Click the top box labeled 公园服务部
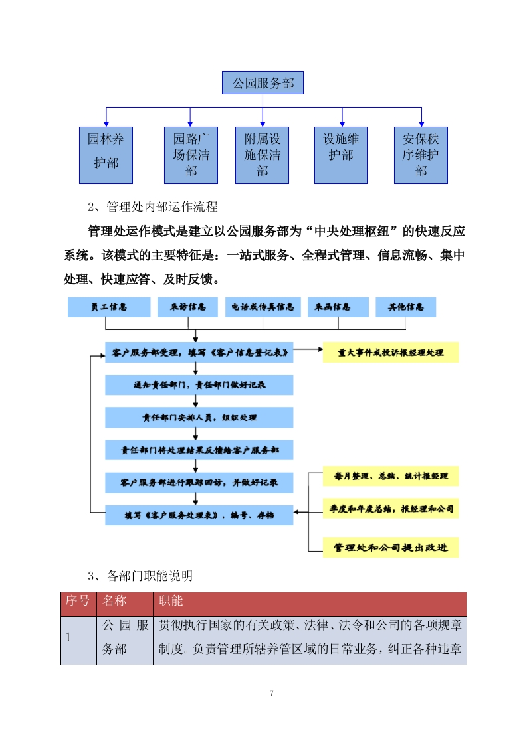263,84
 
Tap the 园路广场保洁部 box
191,155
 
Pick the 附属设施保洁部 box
263,155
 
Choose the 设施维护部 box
342,155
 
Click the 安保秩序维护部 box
421,155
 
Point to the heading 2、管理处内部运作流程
152,207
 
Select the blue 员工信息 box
109,307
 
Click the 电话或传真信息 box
263,307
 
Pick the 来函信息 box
338,307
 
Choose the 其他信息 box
405,307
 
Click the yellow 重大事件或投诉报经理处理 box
391,352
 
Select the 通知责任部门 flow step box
199,385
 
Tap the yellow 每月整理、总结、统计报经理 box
391,476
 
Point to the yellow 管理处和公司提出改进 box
391,548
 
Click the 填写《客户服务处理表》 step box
199,515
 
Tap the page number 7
272,693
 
